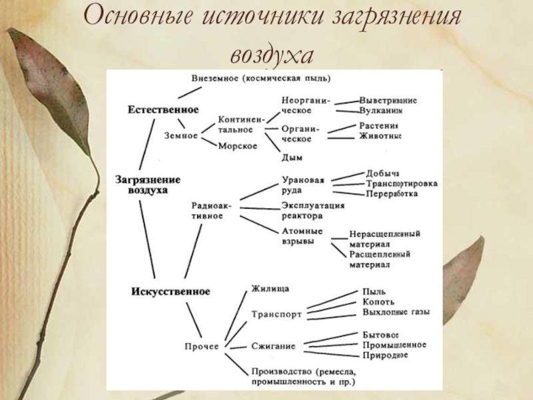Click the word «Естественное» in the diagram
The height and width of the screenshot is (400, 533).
(163, 109)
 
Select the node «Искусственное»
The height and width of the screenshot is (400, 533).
(171, 291)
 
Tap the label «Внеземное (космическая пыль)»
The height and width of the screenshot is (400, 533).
(261, 77)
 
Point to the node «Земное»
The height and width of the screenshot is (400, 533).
(181, 135)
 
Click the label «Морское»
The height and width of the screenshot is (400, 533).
(238, 147)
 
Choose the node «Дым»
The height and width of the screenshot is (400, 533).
(292, 158)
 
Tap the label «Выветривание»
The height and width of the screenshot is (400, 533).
(388, 100)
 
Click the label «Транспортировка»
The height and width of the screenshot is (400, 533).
(402, 183)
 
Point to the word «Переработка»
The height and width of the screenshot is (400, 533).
(392, 194)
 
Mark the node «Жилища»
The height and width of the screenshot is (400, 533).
(270, 288)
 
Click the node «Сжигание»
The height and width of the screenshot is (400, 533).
(273, 346)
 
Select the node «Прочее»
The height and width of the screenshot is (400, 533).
(202, 346)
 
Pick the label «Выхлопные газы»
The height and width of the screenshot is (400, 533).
(396, 312)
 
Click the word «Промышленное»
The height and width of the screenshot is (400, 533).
(394, 345)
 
